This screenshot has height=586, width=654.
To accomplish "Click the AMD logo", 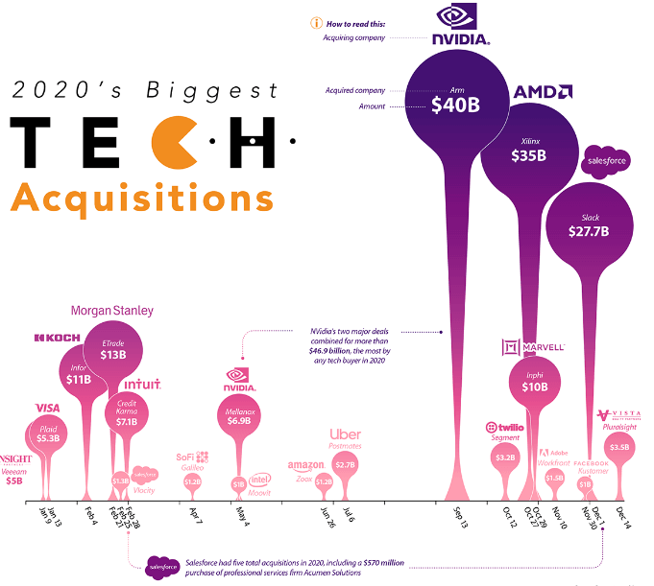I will pos(544,92).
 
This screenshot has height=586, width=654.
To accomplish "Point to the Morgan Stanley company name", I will pos(111,311).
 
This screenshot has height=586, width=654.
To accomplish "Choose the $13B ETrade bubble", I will pos(113,349).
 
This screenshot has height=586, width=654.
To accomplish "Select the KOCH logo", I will pos(56,338).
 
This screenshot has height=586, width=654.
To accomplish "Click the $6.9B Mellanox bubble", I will pos(240,415).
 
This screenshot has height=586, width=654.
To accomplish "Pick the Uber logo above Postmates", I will pos(345,434).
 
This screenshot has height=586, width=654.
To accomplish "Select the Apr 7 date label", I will pos(195,515).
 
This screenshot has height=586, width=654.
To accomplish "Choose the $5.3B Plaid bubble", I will pos(48,437).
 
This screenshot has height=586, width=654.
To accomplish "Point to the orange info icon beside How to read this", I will pos(313,22).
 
